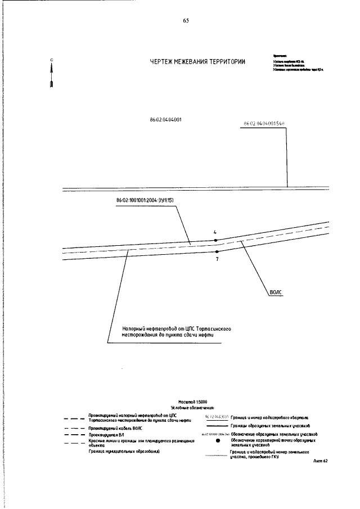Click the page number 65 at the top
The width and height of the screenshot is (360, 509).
pos(186,21)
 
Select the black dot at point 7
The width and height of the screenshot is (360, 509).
pos(217,251)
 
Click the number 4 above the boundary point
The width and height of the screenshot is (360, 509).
pos(215,232)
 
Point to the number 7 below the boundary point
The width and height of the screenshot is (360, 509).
pos(217,259)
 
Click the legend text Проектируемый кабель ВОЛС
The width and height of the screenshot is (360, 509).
pos(115,428)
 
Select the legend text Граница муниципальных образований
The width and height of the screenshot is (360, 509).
pos(124,451)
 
